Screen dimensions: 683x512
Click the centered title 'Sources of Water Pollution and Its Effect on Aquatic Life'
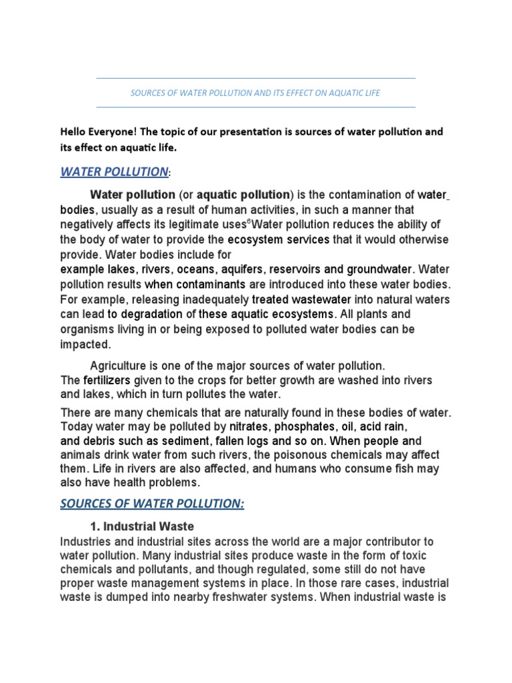pos(255,93)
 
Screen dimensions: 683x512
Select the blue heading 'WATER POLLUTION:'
pos(115,172)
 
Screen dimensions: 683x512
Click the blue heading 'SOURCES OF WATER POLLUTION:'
pos(152,504)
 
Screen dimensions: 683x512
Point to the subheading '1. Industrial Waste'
pos(142,526)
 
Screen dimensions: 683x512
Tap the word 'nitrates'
pos(249,426)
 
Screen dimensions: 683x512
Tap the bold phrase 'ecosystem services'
pos(279,239)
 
